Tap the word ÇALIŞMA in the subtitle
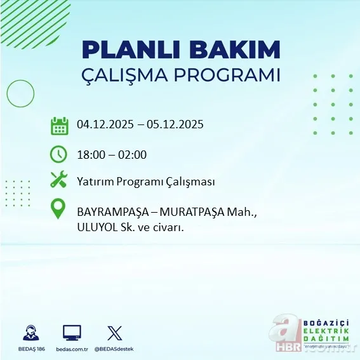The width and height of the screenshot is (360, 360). [x=130, y=75]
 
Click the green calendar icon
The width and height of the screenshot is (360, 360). [x=59, y=126]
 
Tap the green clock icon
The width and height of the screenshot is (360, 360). [x=58, y=154]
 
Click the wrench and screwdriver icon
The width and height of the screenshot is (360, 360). [x=58, y=181]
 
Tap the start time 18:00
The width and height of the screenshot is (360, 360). [x=90, y=154]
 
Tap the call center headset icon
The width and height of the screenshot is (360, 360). [x=30, y=333]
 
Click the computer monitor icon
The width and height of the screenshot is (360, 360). [x=72, y=333]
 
